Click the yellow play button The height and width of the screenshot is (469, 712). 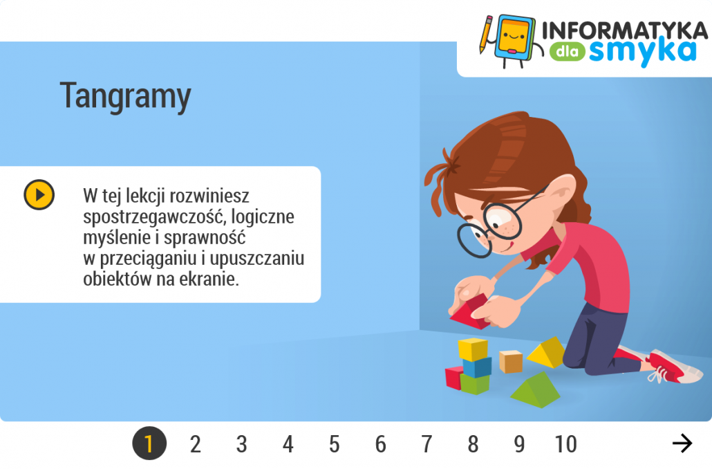pos(39,194)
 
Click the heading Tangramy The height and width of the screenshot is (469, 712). pos(125,96)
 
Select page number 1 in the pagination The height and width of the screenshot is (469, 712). pos(149,443)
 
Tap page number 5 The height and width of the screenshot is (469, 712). pos(334,444)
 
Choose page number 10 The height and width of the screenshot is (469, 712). pos(565,444)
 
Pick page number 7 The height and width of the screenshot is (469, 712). pos(427,444)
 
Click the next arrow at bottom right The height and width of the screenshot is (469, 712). pos(682,443)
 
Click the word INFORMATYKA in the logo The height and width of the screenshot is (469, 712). pos(625,31)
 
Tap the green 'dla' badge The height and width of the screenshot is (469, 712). pos(567,51)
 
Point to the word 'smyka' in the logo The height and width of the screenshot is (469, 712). pos(642,53)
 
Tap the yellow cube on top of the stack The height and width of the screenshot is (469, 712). pos(473,349)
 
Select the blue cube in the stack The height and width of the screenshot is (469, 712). pos(477,367)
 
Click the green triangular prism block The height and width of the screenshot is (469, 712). pos(536,390)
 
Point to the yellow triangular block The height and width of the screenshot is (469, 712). pos(547,353)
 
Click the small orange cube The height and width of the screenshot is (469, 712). pos(511,362)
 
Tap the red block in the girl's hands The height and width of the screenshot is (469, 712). pos(470,312)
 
